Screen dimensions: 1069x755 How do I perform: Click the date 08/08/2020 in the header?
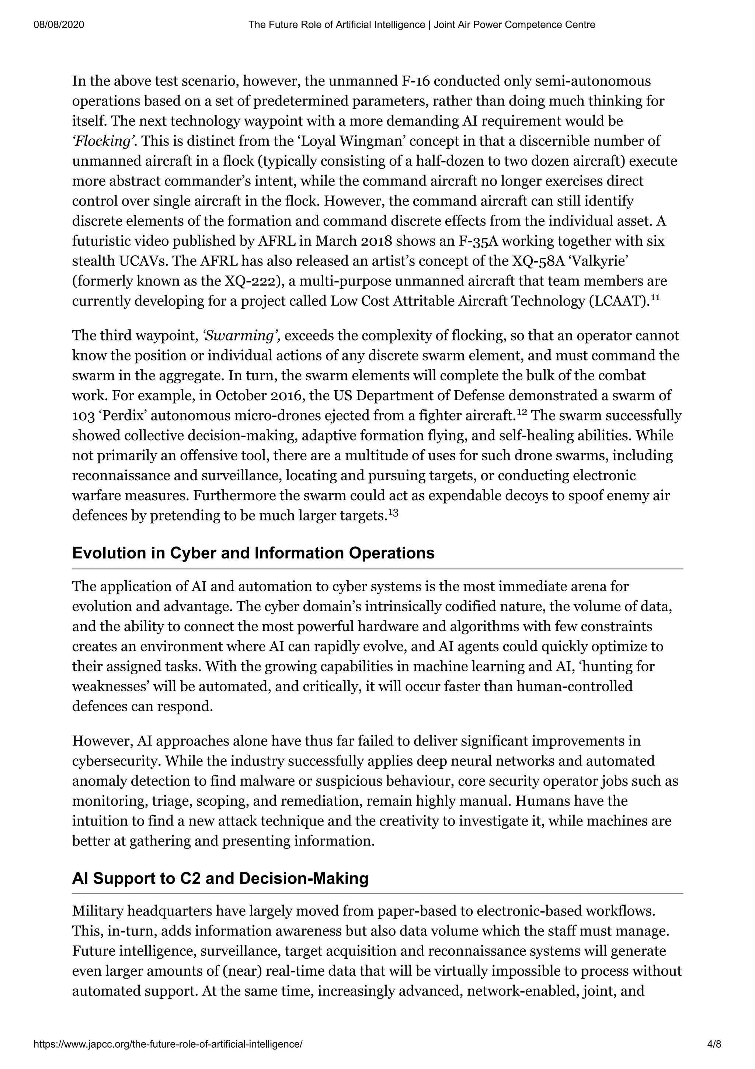59,25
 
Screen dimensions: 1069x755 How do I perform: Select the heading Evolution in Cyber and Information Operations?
253,553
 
